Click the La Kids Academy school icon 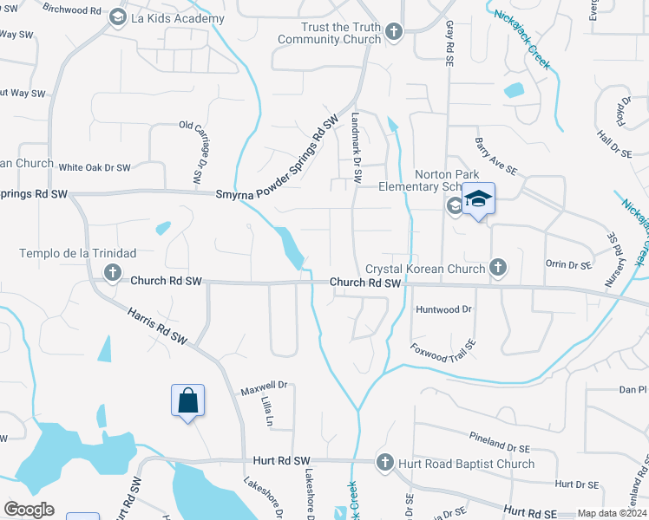pos(117,17)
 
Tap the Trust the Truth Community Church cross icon pos(393,33)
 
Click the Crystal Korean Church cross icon pos(498,268)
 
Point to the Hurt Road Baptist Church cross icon pos(384,463)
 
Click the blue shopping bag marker pos(187,401)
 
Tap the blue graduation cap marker pos(477,199)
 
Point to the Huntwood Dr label pos(443,309)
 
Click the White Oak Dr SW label pos(95,167)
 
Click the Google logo pos(29,510)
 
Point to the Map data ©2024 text pos(611,513)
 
